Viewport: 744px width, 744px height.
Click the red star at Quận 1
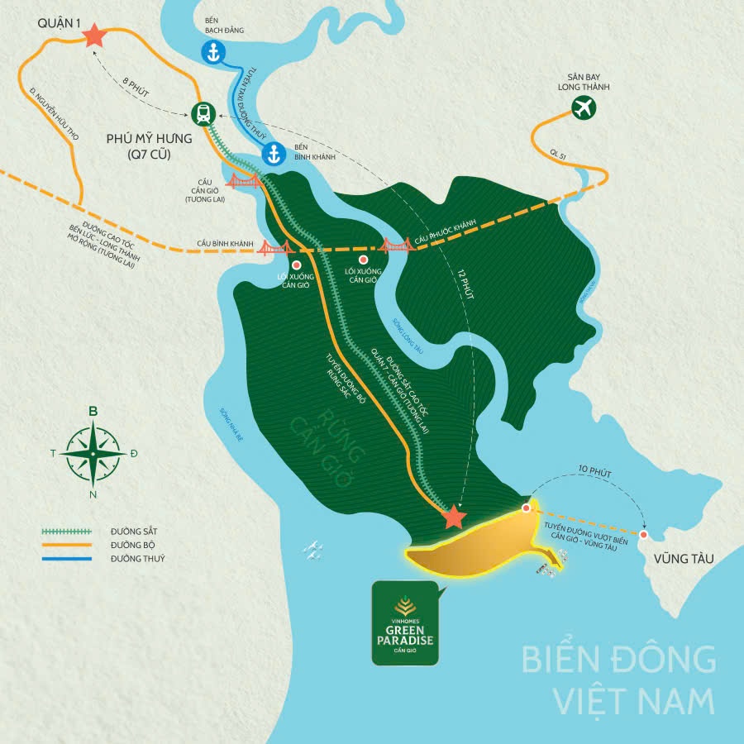[x=94, y=36]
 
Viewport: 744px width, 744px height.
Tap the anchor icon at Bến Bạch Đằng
[x=213, y=52]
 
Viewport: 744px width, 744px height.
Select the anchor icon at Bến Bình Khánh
[x=274, y=154]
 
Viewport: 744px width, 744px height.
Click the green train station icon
[x=202, y=113]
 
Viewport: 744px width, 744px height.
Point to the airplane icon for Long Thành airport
[x=584, y=106]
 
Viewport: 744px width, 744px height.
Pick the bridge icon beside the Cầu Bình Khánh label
[x=274, y=246]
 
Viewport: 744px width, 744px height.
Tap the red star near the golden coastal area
[x=453, y=518]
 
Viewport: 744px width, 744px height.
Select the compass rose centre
[x=93, y=454]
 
